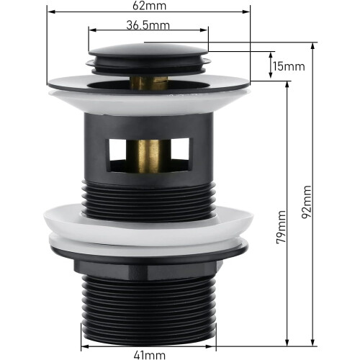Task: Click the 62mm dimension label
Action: coord(149,6)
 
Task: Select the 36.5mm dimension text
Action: coord(148,25)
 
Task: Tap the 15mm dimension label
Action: coord(289,66)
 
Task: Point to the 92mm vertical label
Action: coord(307,202)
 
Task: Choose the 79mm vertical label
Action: coord(281,227)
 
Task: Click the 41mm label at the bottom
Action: coord(150,355)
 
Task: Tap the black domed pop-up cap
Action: coord(148,50)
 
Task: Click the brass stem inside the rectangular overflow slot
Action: coord(149,156)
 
